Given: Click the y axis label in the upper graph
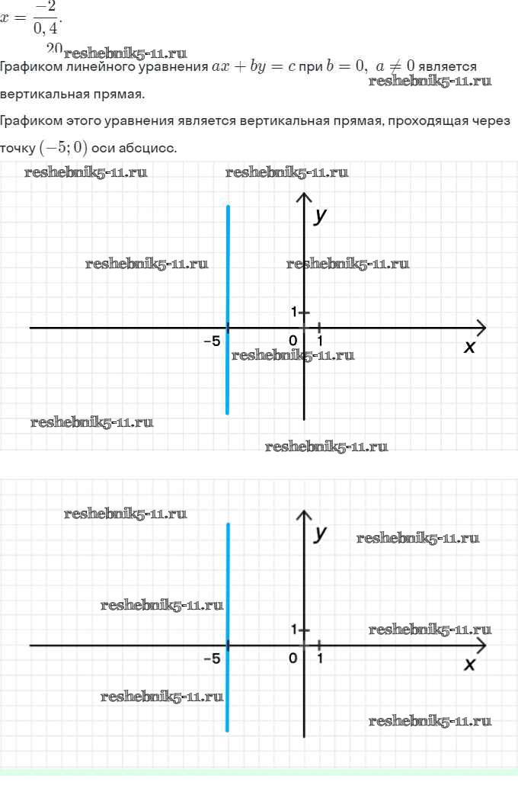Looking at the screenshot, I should point(321,216).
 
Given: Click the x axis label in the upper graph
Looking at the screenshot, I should point(470,348).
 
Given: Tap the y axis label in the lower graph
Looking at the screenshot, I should point(321,532).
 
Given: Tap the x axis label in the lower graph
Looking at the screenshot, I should point(470,665).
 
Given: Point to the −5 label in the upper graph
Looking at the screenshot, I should point(212,341).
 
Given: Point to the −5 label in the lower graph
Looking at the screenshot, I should point(212,658).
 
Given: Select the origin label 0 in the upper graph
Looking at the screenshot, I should point(293,341).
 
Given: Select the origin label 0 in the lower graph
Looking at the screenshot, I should point(293,658).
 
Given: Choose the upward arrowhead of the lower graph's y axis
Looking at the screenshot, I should point(304,516).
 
